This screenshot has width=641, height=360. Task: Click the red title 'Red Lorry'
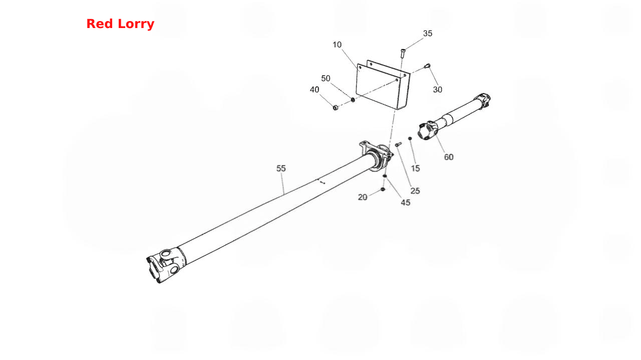(120, 24)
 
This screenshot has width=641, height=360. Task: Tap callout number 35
(428, 34)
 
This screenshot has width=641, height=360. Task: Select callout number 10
(337, 45)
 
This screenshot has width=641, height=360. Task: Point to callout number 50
(326, 79)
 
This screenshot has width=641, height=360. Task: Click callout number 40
(314, 90)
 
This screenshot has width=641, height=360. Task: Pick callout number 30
(438, 90)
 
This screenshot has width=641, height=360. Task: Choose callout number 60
(449, 157)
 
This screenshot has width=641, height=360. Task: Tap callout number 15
(415, 168)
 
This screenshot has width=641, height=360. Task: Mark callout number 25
(415, 191)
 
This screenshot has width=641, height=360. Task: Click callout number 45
(406, 203)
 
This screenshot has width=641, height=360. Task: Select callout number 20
(363, 197)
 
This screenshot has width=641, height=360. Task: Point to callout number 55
(281, 168)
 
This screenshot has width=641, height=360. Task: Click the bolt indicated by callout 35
(403, 53)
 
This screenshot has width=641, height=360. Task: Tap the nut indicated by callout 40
(336, 108)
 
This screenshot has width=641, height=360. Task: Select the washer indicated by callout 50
(353, 100)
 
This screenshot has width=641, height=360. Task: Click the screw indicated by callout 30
(427, 66)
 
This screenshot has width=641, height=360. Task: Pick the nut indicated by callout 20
(383, 189)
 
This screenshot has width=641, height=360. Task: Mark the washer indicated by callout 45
(385, 176)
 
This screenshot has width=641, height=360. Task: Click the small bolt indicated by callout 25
(398, 145)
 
